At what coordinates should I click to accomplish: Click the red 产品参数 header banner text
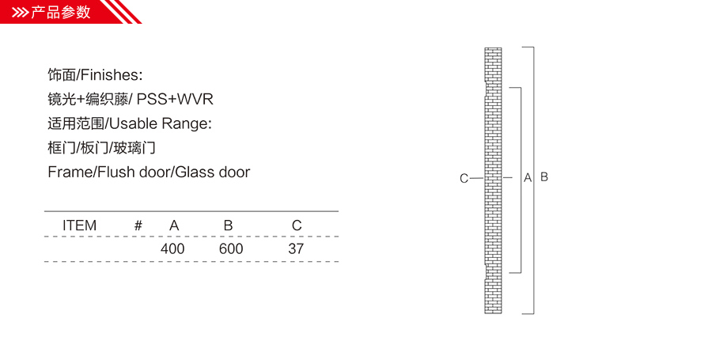click(61, 12)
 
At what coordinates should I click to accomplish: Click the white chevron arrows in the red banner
click(21, 13)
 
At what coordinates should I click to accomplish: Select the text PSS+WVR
click(175, 99)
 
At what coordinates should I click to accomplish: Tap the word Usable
click(134, 123)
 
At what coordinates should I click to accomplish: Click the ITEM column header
click(79, 225)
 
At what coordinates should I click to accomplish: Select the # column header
click(138, 225)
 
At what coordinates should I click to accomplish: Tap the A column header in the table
click(174, 225)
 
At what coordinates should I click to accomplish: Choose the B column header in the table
click(228, 225)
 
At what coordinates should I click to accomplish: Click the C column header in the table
click(297, 225)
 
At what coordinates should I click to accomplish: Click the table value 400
click(172, 248)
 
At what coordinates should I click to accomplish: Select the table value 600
click(231, 248)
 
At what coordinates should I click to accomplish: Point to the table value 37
click(296, 248)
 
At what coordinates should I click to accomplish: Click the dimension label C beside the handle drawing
click(464, 179)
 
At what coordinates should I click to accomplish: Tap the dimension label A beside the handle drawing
click(528, 178)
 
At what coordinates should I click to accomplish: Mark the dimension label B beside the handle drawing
click(544, 177)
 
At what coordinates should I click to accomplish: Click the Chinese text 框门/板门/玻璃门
click(101, 148)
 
